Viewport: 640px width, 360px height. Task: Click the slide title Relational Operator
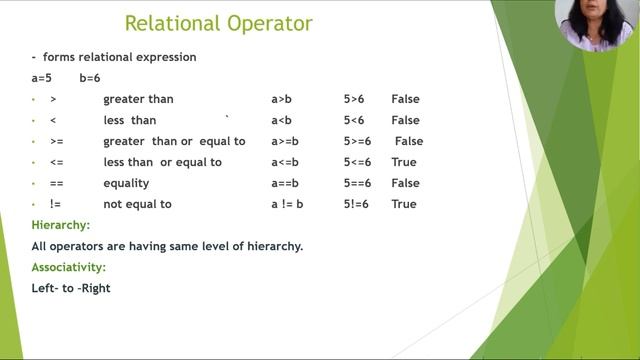point(218,23)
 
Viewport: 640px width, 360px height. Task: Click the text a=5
point(44,78)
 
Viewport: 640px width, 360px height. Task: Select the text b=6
point(90,78)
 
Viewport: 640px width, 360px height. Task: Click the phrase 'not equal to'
point(137,204)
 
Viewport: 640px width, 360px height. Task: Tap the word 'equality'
point(126,183)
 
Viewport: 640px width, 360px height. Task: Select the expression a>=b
point(287,141)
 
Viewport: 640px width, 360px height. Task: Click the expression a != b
point(287,204)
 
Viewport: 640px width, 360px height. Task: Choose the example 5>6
point(354,99)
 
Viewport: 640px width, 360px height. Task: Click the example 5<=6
point(357,162)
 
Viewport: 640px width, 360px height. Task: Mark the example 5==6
point(357,183)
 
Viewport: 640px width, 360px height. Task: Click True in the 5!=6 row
point(403,204)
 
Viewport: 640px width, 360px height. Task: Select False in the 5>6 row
point(405,99)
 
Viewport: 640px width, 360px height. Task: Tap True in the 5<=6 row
point(403,162)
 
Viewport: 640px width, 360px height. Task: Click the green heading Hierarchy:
point(61,226)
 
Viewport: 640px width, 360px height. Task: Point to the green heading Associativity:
point(69,268)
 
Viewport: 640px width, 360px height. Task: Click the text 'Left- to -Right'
point(71,288)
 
